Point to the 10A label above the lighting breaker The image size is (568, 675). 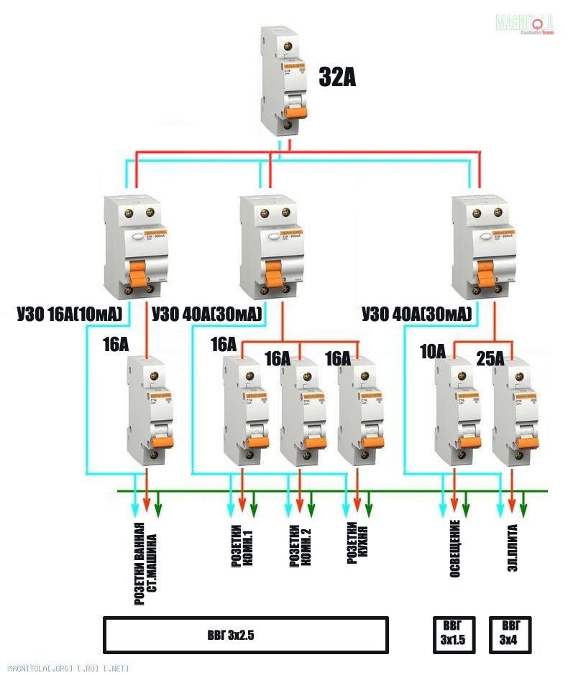point(432,352)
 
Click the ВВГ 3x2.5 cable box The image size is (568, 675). point(246,635)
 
